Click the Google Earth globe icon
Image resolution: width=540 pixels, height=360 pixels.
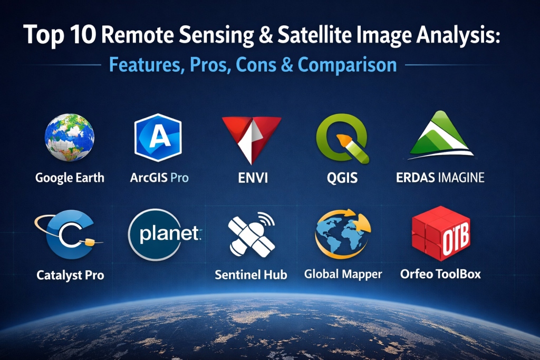(70, 138)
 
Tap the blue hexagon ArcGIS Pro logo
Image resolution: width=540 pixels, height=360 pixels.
(158, 138)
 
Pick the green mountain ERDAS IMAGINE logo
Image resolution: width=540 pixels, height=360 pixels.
(441, 135)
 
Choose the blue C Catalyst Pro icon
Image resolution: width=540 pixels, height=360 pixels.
(69, 235)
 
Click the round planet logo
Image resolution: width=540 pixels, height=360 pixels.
(165, 235)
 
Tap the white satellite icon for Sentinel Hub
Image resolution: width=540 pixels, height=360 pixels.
(252, 235)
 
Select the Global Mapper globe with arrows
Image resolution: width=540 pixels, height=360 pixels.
(343, 234)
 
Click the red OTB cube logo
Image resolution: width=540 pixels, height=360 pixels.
(441, 233)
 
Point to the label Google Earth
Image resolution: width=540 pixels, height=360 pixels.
(70, 178)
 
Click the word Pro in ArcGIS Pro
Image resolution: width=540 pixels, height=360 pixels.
(179, 178)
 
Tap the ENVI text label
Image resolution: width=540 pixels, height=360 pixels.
(253, 178)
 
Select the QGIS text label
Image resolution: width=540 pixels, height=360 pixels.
(342, 178)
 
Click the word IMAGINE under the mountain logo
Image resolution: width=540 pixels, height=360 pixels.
(461, 178)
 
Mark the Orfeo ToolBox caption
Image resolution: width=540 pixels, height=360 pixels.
(440, 274)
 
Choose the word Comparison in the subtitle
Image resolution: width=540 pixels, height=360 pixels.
(347, 64)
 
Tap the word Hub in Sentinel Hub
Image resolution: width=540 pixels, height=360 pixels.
(275, 274)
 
